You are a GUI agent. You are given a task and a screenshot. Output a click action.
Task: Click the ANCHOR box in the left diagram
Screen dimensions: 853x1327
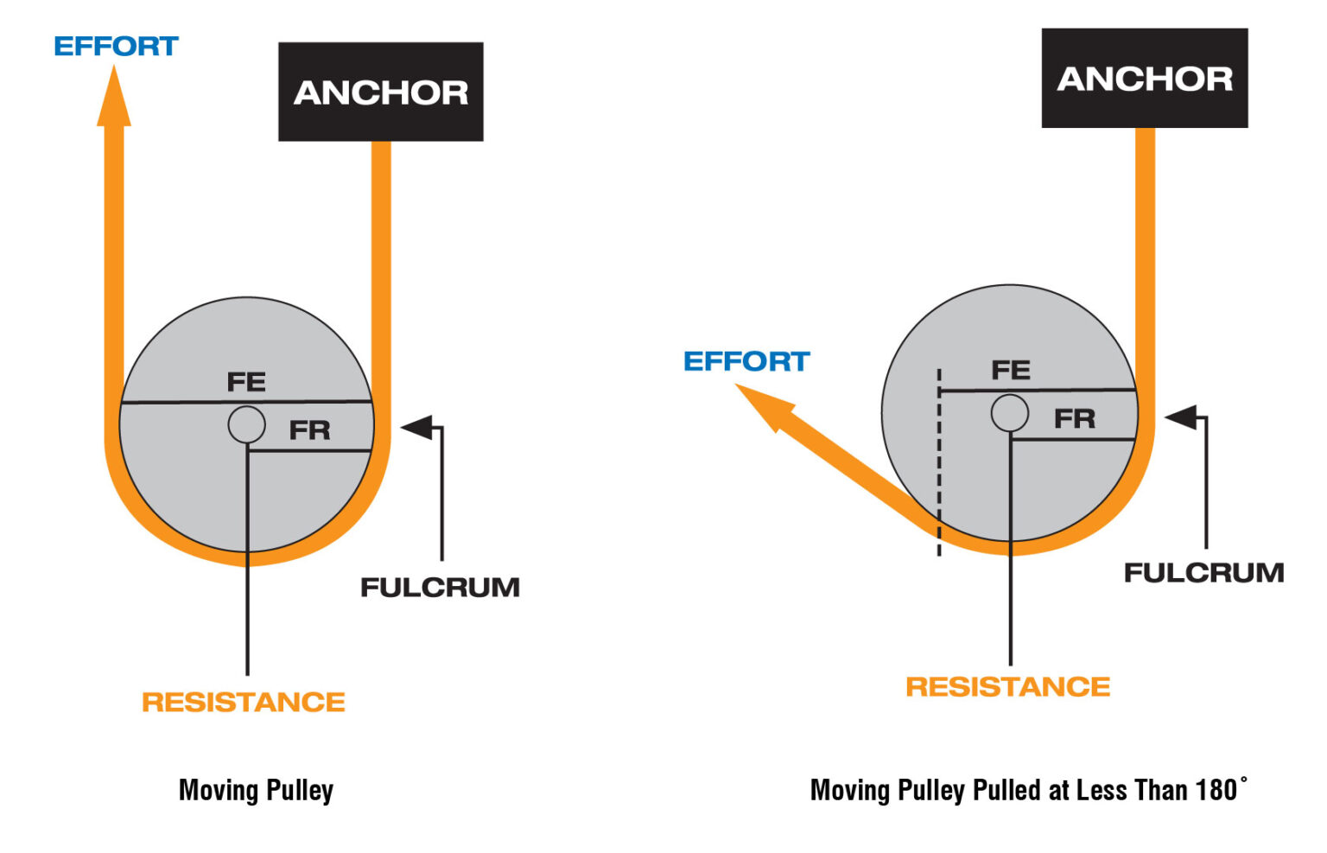click(x=380, y=92)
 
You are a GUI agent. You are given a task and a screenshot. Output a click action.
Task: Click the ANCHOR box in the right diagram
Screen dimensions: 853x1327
click(x=1144, y=78)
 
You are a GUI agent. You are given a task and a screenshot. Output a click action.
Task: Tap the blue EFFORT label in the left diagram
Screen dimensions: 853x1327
click(x=116, y=46)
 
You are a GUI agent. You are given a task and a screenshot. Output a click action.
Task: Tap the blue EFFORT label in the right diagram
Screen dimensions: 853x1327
click(x=746, y=360)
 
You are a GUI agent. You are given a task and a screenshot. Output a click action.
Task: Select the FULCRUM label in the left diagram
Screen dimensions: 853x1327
click(x=440, y=587)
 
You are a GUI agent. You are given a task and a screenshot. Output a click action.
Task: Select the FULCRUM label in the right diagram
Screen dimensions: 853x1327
click(x=1203, y=572)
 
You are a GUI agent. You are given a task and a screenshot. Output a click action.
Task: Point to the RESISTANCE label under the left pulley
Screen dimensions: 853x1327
click(x=244, y=701)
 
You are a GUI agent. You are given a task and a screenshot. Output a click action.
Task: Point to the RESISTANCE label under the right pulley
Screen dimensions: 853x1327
click(x=1007, y=686)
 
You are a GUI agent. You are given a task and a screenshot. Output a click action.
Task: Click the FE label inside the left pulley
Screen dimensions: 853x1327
click(x=246, y=381)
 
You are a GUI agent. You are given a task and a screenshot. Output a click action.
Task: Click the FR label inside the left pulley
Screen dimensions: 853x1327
click(x=309, y=430)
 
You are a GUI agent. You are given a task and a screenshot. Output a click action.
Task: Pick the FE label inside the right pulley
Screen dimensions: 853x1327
click(x=1010, y=370)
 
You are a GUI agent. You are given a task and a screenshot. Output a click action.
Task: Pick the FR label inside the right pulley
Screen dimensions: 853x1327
click(x=1074, y=418)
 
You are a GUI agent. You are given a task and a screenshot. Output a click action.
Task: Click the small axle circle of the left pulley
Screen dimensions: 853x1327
click(x=247, y=424)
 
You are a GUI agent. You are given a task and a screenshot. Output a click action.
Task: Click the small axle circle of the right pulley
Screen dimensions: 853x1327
click(x=1009, y=412)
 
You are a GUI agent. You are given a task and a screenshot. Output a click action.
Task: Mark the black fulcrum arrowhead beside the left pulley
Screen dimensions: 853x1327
click(x=417, y=427)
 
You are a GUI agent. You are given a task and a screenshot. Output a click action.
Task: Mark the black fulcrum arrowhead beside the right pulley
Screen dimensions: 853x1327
click(x=1181, y=417)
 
